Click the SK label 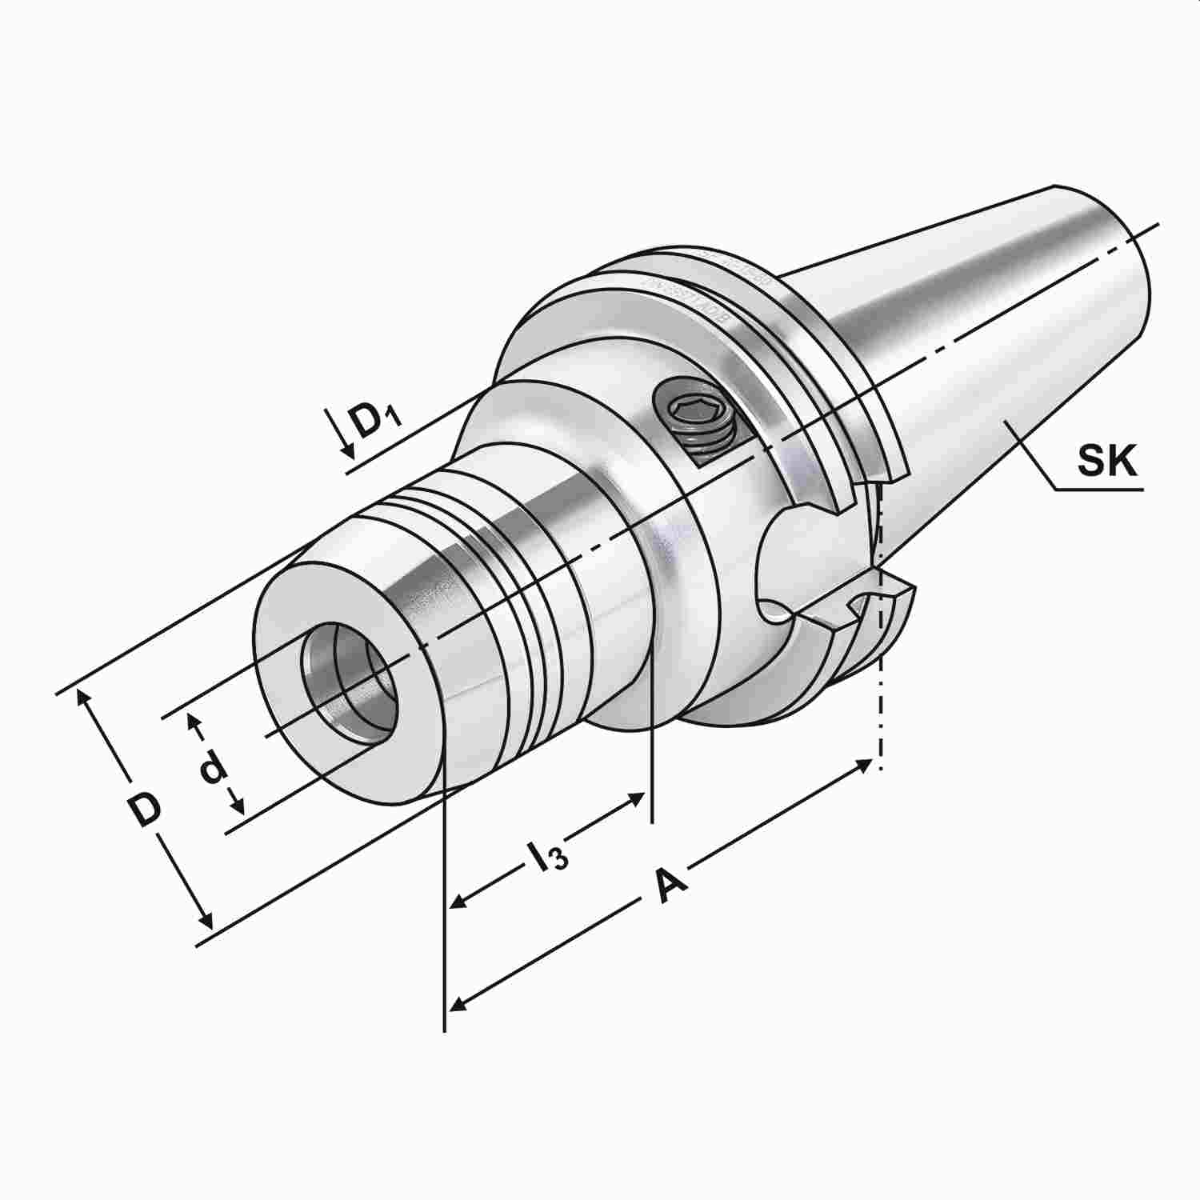coord(1106,462)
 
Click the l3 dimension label coord(547,856)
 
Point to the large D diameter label coord(146,810)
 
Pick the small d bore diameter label coord(212,767)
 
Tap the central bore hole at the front coord(349,684)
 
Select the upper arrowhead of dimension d coord(193,721)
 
